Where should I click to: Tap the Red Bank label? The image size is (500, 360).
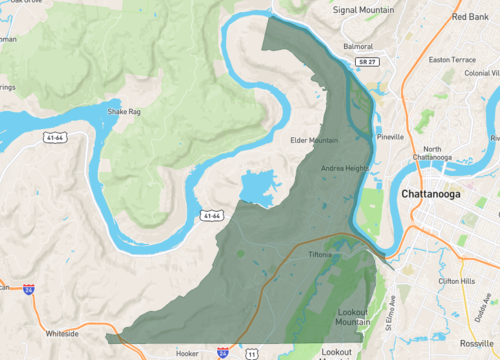470,16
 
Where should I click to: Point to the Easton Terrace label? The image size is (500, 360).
452,59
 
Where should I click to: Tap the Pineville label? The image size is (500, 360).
391,136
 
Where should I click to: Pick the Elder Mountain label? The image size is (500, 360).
315,141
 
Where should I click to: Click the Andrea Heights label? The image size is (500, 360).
345,168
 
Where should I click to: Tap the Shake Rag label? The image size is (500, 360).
124,112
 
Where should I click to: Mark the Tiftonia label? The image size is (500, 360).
321,255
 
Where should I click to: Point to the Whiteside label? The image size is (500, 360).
63,334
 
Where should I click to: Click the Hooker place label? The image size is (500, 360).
188,353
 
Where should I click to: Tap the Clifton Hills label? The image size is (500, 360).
454,281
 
